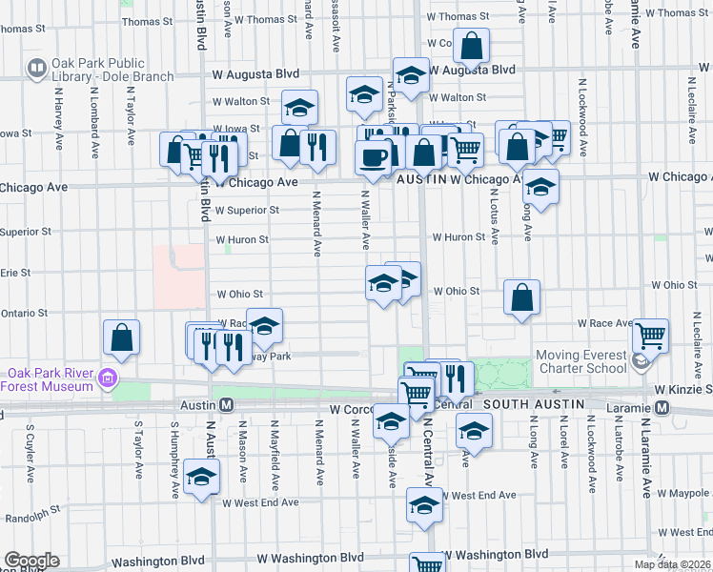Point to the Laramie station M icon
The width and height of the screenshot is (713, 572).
(663, 407)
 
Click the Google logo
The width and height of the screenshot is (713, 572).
(31, 561)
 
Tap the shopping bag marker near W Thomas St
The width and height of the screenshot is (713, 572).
(471, 45)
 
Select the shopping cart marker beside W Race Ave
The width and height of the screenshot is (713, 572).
(650, 336)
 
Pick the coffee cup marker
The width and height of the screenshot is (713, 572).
(373, 155)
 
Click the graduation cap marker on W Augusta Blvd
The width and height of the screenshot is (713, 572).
(411, 75)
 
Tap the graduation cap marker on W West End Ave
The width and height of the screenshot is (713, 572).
(424, 504)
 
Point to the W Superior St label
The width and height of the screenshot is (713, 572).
(247, 211)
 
